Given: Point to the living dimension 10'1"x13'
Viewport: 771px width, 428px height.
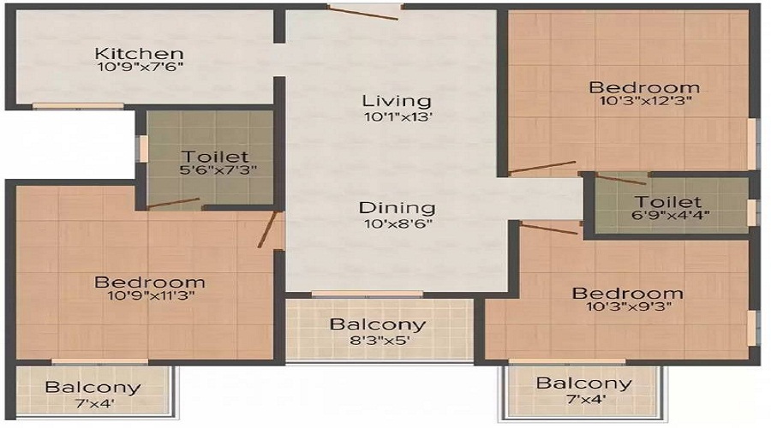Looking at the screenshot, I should [x=396, y=116].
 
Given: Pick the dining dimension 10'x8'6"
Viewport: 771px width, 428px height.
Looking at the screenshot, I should [x=397, y=223].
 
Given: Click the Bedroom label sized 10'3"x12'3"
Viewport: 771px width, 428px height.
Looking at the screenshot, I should [x=644, y=87].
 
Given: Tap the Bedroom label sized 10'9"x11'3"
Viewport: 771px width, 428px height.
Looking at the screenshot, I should [x=150, y=282].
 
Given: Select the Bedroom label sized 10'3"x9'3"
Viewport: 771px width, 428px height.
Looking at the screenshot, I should [x=628, y=294].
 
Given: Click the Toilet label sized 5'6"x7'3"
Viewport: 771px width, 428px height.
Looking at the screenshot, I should [x=215, y=157].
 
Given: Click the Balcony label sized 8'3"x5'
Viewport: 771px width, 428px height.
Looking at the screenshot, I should [x=378, y=324].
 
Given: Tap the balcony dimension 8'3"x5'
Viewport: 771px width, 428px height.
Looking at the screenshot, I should [x=378, y=340].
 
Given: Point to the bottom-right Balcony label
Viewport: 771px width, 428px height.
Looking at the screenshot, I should [x=583, y=383].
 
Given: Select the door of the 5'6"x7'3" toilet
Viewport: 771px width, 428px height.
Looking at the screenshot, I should [x=173, y=203].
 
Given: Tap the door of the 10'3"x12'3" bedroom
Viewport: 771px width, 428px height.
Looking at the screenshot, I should [x=542, y=167].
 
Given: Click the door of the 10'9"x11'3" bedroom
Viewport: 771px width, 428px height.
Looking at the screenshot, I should [x=268, y=229].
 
